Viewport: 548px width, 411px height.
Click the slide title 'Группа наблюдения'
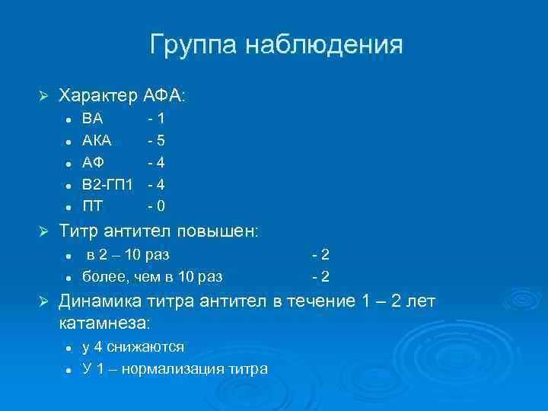coord(276,45)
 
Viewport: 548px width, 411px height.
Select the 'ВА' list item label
coord(93,119)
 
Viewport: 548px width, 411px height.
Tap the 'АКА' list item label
coord(97,141)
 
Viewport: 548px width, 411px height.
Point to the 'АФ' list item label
coord(94,162)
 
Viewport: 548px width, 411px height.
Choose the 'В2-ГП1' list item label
coord(107,184)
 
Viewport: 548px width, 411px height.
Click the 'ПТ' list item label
coord(93,205)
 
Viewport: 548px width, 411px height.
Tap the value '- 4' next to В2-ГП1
coord(156,184)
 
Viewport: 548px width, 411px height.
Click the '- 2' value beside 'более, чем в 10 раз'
coord(320,276)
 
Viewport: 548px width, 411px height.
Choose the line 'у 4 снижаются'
coord(133,347)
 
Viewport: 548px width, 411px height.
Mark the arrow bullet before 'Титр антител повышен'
coord(43,231)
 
